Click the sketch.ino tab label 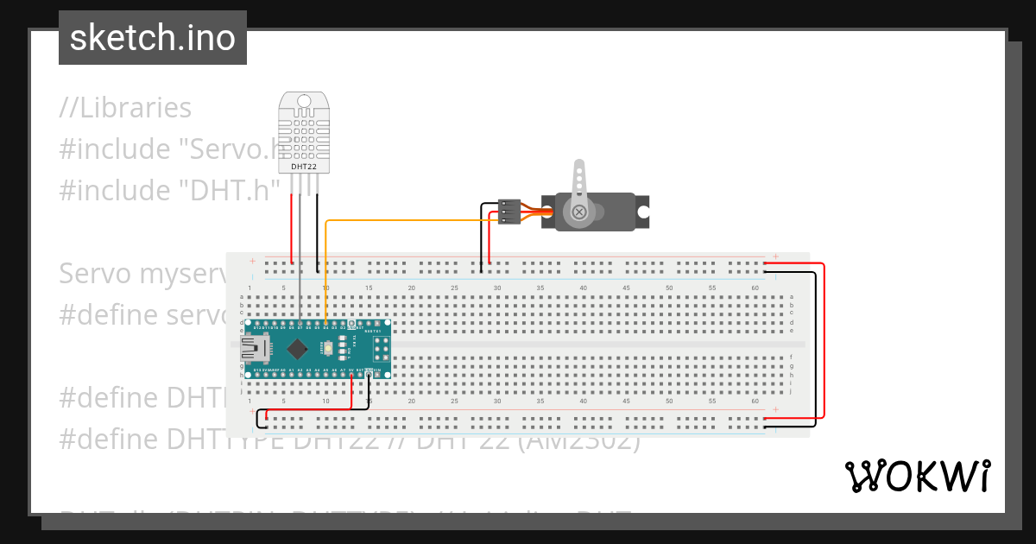[153, 38]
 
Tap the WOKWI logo [917, 476]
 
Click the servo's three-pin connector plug [509, 212]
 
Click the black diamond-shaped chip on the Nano [298, 349]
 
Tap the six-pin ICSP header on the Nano [380, 349]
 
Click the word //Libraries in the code [125, 108]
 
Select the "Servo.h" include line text [168, 149]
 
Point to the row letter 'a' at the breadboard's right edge [792, 297]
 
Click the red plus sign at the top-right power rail [776, 256]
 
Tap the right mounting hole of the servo [641, 210]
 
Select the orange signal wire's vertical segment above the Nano [325, 272]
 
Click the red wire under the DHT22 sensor [292, 229]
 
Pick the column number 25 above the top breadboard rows [454, 288]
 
